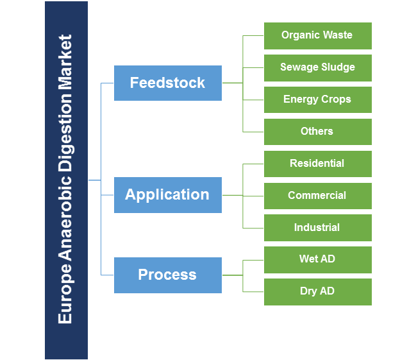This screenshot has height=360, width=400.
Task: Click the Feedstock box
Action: (x=167, y=83)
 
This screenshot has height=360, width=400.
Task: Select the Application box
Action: (x=167, y=195)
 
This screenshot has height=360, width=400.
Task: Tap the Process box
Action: (x=167, y=275)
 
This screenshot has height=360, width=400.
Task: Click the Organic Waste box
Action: (x=317, y=35)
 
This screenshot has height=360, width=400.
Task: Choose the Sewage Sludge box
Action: (x=317, y=67)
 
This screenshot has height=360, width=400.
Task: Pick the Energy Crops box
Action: (x=317, y=99)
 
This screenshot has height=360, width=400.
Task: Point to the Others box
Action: (x=317, y=132)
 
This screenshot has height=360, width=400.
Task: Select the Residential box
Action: (x=317, y=164)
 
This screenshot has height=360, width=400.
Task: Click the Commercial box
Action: (x=317, y=196)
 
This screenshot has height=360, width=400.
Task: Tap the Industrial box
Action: (x=317, y=228)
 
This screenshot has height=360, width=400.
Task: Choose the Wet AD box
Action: (x=317, y=260)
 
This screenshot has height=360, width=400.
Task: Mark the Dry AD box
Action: (x=317, y=291)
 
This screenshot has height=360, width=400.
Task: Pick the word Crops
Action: (x=336, y=99)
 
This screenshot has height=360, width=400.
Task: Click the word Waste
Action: (x=337, y=35)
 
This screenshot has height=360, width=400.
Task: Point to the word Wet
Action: (x=308, y=260)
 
